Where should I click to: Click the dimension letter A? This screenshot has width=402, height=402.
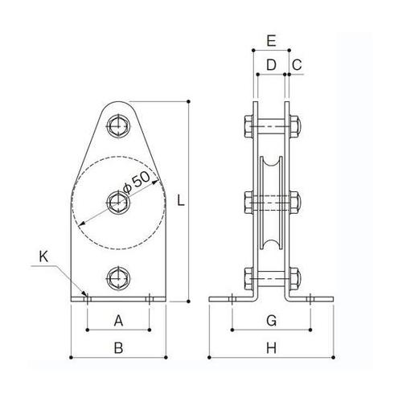(x=118, y=321)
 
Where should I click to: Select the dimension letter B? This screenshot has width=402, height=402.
(x=118, y=348)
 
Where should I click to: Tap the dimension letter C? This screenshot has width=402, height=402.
(x=297, y=64)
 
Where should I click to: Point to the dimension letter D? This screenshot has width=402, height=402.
(x=271, y=64)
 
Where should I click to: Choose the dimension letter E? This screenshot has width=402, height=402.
(x=271, y=41)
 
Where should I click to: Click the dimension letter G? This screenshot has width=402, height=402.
(x=272, y=321)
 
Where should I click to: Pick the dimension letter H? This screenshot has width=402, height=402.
(x=271, y=348)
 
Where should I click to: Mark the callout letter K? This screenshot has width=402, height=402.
(x=43, y=256)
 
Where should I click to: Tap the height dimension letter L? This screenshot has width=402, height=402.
(x=181, y=200)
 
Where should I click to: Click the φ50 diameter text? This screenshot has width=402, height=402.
(x=137, y=182)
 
